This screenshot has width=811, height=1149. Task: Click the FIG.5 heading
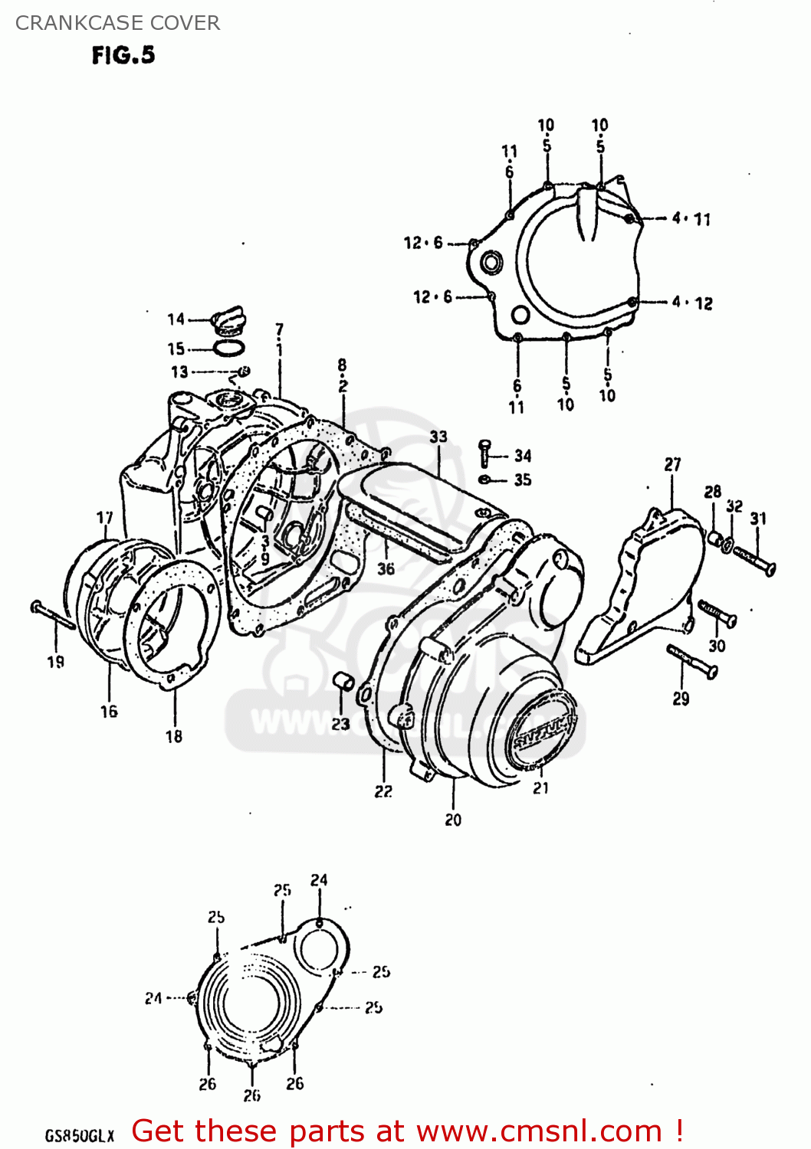click(123, 55)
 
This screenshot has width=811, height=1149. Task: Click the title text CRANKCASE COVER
click(117, 23)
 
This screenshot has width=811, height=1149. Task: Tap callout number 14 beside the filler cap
click(176, 319)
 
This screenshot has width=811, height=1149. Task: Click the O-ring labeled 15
click(228, 349)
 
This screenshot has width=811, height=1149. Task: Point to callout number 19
click(56, 662)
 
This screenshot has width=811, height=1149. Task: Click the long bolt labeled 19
click(52, 615)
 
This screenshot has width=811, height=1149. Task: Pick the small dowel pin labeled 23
click(342, 681)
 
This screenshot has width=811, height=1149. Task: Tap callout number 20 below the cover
click(453, 820)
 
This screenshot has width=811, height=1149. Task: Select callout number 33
click(438, 437)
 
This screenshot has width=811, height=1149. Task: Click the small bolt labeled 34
click(484, 453)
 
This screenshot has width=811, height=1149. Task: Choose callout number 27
click(672, 464)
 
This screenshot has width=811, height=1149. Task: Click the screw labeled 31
click(754, 560)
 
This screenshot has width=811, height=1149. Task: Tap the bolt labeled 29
click(692, 661)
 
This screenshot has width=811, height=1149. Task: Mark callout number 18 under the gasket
click(174, 736)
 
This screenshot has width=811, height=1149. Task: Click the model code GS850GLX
click(79, 1135)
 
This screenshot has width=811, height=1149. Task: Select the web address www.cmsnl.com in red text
click(538, 1131)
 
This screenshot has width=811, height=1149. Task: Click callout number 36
click(386, 568)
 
